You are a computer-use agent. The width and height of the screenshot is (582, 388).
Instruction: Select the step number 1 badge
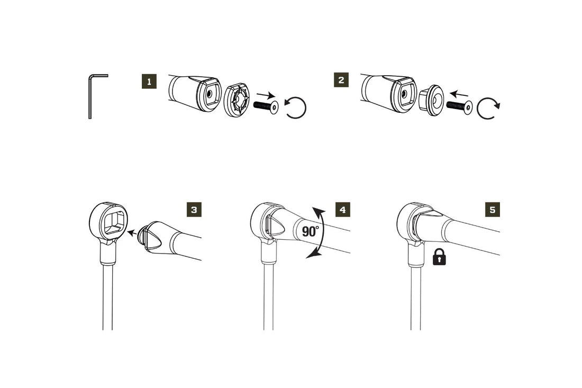pyautogui.click(x=149, y=82)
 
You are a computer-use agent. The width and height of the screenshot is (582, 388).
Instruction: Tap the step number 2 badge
pyautogui.click(x=341, y=80)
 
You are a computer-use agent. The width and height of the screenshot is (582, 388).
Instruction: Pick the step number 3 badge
pyautogui.click(x=194, y=210)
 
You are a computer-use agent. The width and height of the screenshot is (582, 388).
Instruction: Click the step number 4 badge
pyautogui.click(x=343, y=210)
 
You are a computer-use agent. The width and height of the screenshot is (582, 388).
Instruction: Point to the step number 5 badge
pyautogui.click(x=493, y=210)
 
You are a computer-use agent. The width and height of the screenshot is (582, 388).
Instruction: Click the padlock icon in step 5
pyautogui.click(x=439, y=258)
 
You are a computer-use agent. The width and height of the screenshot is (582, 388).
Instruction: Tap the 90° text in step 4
pyautogui.click(x=311, y=231)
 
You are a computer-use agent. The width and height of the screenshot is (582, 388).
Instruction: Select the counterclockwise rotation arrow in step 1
pyautogui.click(x=295, y=108)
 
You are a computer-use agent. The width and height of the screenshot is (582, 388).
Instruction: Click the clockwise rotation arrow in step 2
pyautogui.click(x=487, y=109)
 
